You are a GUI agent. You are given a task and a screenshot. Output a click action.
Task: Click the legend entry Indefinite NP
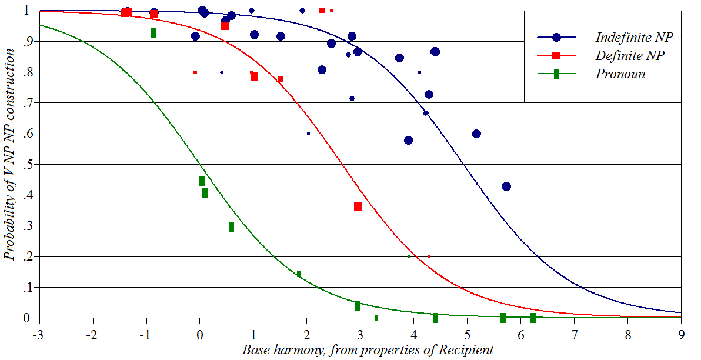pos(634,37)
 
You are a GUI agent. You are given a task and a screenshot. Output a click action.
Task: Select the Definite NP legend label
pos(630,55)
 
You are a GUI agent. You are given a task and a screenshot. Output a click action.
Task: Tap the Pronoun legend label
pos(620,74)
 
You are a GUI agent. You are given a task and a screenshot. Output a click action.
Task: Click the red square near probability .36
pos(358,206)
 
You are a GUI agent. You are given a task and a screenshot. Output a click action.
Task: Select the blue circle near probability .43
pos(506,186)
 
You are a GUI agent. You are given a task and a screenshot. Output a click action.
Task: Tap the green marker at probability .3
pos(231,226)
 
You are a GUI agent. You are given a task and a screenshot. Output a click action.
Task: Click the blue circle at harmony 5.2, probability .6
pos(476,134)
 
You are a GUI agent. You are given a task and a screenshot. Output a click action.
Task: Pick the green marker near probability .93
pos(153,32)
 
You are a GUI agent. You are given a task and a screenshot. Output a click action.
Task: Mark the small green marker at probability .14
pos(299,274)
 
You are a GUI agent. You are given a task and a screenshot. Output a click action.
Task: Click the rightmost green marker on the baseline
pos(533,318)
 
